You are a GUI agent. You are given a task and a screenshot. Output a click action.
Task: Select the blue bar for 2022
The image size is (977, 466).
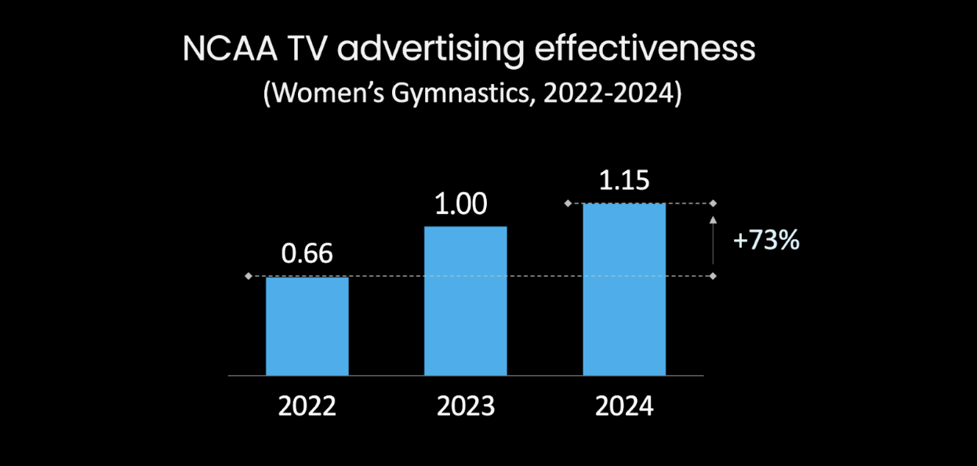tap(307, 326)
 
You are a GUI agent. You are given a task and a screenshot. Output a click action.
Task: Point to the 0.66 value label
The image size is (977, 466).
tap(307, 254)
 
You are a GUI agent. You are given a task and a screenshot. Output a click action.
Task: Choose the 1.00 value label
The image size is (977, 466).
tap(461, 205)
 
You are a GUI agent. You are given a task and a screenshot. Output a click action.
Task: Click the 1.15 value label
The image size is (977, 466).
tap(624, 180)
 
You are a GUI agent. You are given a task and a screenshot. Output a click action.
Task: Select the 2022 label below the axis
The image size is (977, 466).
tap(307, 406)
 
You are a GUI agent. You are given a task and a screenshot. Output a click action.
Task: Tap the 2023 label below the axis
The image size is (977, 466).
tap(466, 406)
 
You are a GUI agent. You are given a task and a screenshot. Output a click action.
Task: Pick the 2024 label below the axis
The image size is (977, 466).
tap(624, 406)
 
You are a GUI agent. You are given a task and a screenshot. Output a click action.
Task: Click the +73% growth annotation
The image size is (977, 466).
tap(766, 241)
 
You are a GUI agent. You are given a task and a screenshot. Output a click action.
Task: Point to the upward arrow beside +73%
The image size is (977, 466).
tap(713, 239)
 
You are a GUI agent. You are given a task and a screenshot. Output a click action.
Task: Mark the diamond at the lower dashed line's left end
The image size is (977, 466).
tap(249, 276)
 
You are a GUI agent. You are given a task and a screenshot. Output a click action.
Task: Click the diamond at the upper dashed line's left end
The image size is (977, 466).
tap(567, 203)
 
